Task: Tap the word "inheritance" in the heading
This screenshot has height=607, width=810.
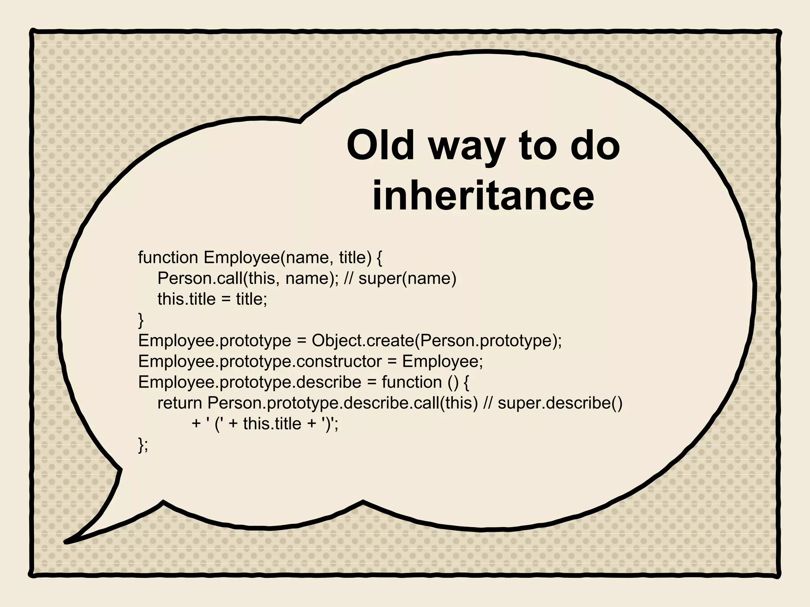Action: [483, 194]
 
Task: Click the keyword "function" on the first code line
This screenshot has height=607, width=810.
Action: [168, 257]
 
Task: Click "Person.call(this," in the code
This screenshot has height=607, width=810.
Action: [216, 278]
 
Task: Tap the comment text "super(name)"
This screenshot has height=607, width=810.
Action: [407, 278]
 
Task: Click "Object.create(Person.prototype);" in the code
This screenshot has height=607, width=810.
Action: [437, 340]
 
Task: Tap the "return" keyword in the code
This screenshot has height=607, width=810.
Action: [180, 403]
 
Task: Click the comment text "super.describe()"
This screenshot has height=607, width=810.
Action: [560, 403]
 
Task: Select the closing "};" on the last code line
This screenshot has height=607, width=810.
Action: [143, 445]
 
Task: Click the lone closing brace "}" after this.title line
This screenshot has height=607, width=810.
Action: [141, 320]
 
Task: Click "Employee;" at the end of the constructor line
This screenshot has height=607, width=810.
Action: [443, 361]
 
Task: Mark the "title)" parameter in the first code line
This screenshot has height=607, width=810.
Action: [355, 258]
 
